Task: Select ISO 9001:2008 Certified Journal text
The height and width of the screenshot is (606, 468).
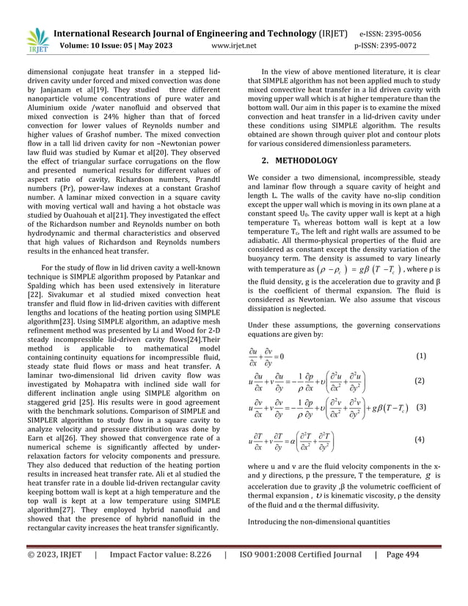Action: pyautogui.click(x=297, y=576)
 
